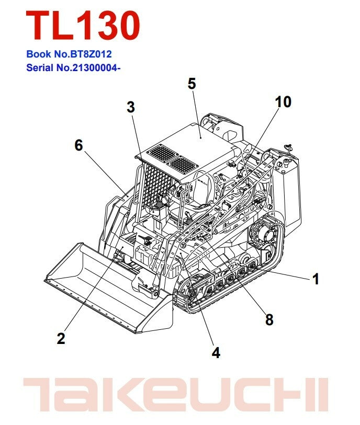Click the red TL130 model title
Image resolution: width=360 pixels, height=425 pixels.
(83, 26)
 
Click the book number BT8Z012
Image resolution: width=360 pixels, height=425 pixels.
(91, 54)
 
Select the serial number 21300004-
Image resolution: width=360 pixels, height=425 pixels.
(96, 67)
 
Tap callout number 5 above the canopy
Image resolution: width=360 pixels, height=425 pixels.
(192, 84)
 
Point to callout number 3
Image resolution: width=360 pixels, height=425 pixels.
(131, 107)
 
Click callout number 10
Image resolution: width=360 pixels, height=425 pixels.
(283, 102)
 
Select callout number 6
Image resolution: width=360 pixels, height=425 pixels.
(78, 145)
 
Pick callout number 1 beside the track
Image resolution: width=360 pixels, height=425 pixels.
(316, 279)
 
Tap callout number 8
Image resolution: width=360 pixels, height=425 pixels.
(269, 320)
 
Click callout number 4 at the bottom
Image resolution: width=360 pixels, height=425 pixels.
(216, 353)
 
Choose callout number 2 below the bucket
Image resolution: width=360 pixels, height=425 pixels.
(61, 339)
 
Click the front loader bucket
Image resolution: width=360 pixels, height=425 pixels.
(108, 288)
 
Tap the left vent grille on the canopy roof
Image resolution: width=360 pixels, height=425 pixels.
(163, 153)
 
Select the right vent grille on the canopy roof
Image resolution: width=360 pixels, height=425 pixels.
(183, 165)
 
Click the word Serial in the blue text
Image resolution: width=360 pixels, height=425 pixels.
(40, 67)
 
